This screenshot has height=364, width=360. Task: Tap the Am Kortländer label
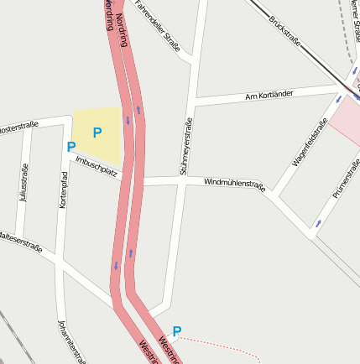(x=269, y=95)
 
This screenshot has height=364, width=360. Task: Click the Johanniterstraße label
(x=70, y=341)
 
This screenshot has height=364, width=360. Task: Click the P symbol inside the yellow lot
(x=97, y=132)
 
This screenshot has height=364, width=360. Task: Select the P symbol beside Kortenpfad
(x=70, y=148)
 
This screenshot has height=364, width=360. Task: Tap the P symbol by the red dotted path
(x=176, y=331)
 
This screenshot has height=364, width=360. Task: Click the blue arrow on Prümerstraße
(x=318, y=224)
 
